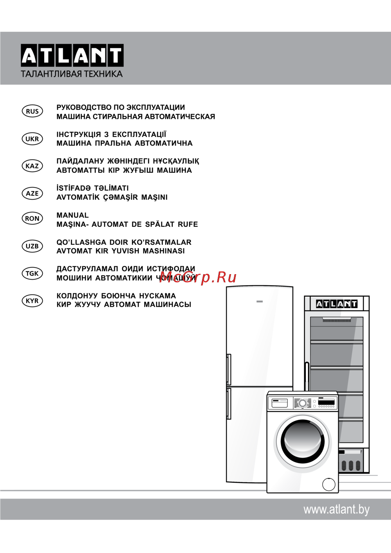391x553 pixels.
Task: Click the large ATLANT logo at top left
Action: point(72,55)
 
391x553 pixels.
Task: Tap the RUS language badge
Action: point(32,111)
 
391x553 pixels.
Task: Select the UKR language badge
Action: point(32,139)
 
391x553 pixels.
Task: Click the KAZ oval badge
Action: point(32,166)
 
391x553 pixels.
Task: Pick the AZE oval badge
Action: point(32,193)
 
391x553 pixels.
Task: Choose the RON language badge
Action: point(32,219)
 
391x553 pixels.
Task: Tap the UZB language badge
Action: point(32,246)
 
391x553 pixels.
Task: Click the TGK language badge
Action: point(32,273)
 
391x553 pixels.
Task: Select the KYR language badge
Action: point(32,301)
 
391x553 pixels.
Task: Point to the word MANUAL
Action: point(73,215)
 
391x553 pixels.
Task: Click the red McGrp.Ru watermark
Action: point(198,278)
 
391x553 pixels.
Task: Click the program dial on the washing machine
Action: point(302,403)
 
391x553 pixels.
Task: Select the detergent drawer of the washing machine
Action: point(280,403)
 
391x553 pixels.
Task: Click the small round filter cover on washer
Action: point(329,485)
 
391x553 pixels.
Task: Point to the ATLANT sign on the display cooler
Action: point(337,304)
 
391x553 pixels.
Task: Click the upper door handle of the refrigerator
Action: point(229,370)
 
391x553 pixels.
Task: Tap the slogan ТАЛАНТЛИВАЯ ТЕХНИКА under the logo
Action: point(72,74)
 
